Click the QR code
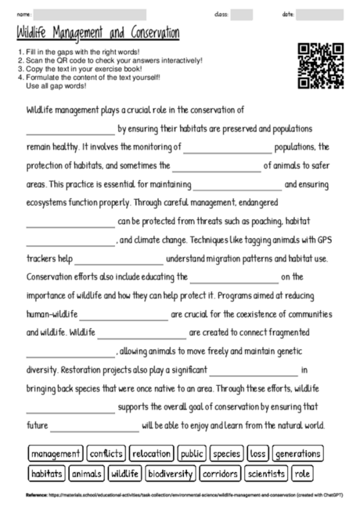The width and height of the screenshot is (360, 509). click(321, 67)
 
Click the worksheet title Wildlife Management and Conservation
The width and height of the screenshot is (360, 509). click(98, 33)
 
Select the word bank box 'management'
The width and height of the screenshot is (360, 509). click(56, 453)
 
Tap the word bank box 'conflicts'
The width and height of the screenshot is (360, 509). click(106, 453)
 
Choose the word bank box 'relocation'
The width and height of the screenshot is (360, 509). click(151, 453)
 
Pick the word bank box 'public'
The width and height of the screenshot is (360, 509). click(192, 453)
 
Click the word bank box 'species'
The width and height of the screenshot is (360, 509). click(227, 453)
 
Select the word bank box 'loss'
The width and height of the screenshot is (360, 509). click(258, 453)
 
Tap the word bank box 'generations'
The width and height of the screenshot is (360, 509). click(297, 453)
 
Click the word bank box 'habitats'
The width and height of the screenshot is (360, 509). click(47, 473)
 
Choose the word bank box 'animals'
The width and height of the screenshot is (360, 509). click(87, 473)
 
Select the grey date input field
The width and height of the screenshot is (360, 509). click(319, 14)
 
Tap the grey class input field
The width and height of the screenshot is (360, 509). click(242, 14)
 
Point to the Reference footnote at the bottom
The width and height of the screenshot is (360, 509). click(180, 495)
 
